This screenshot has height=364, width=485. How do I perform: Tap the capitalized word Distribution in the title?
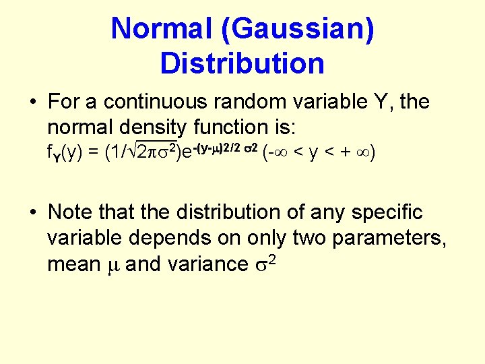pos(243,63)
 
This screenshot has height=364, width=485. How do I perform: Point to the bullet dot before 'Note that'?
pos(32,214)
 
